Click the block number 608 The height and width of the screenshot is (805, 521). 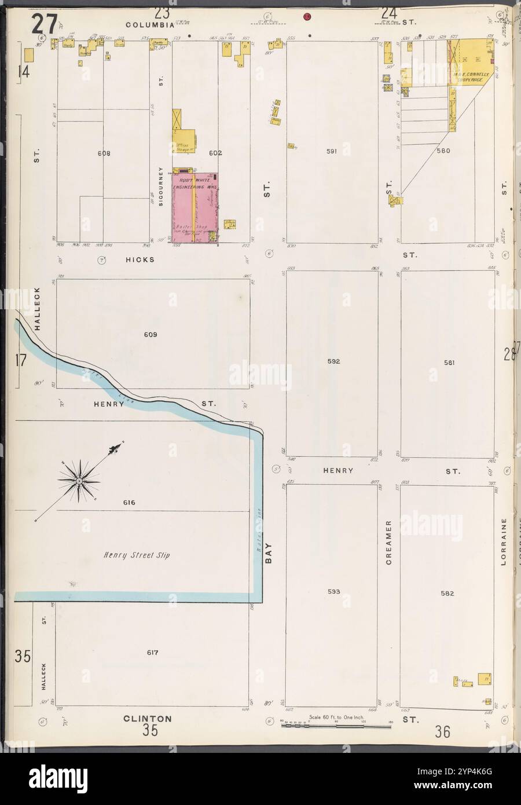pyautogui.click(x=104, y=153)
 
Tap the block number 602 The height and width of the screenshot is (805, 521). pyautogui.click(x=215, y=153)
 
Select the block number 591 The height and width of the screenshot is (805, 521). pyautogui.click(x=331, y=152)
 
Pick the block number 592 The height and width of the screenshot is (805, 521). pyautogui.click(x=333, y=361)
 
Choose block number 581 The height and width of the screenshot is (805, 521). pyautogui.click(x=449, y=363)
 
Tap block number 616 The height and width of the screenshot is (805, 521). pyautogui.click(x=129, y=503)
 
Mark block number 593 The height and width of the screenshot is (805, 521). pyautogui.click(x=333, y=592)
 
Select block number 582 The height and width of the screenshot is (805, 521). pyautogui.click(x=447, y=594)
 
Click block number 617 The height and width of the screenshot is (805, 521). pyautogui.click(x=152, y=653)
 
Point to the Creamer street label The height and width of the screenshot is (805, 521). pyautogui.click(x=390, y=542)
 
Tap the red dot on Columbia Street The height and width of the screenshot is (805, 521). pyautogui.click(x=307, y=16)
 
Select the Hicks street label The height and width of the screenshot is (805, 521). pyautogui.click(x=140, y=260)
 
